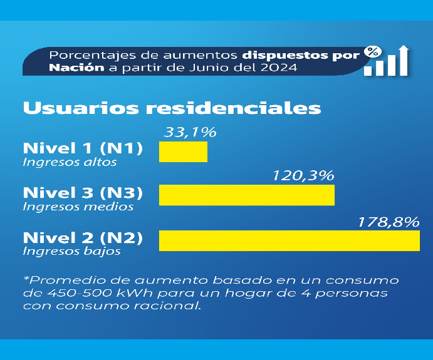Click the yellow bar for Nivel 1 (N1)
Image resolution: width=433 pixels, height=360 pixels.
pyautogui.click(x=183, y=152)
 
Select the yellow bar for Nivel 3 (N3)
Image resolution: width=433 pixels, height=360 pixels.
pyautogui.click(x=247, y=195)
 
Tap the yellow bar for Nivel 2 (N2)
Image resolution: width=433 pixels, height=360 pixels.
pyautogui.click(x=289, y=240)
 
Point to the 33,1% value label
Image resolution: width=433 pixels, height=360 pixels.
pyautogui.click(x=189, y=132)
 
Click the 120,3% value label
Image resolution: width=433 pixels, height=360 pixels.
pyautogui.click(x=303, y=175)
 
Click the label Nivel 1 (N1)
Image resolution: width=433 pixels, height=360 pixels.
pyautogui.click(x=83, y=149)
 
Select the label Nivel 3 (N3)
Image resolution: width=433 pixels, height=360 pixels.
pyautogui.click(x=83, y=192)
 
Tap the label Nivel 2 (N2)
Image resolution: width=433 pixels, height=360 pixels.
pyautogui.click(x=83, y=238)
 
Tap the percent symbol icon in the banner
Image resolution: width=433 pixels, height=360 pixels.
pyautogui.click(x=373, y=51)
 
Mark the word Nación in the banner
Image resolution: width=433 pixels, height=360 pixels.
pyautogui.click(x=75, y=68)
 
